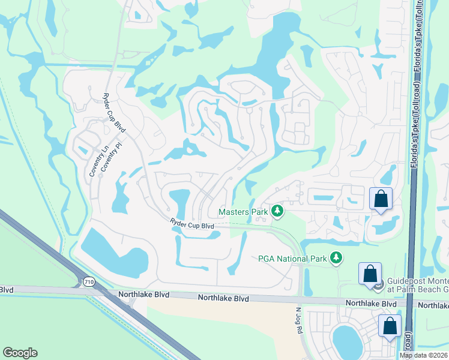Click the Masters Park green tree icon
[277, 211]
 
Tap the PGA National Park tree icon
[337, 259]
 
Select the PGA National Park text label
[292, 259]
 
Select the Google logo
[20, 353]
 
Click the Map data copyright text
[423, 355]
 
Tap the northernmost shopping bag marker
[381, 199]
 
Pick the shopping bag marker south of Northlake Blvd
[390, 326]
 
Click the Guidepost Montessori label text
[415, 280]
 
